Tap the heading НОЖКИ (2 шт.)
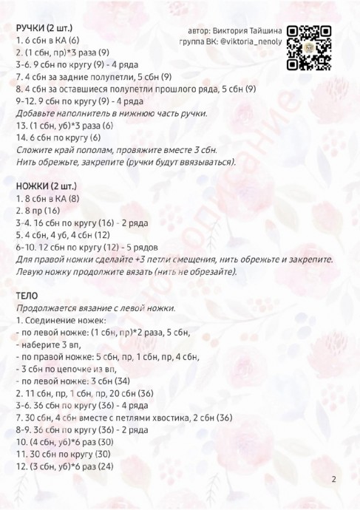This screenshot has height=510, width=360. tap(47, 186)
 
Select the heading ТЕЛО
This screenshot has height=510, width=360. tap(27, 296)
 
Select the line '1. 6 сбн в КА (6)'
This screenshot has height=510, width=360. tap(47, 40)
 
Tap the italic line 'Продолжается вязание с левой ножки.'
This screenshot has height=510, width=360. tap(96, 308)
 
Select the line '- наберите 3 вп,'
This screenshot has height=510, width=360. tap(49, 344)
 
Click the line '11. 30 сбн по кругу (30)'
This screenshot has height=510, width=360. tap(63, 453)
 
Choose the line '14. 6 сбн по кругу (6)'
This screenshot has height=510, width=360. tap(58, 137)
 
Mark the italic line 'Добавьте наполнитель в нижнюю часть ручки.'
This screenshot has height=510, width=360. tap(112, 113)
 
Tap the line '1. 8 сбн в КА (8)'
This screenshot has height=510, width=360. tap(47, 198)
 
